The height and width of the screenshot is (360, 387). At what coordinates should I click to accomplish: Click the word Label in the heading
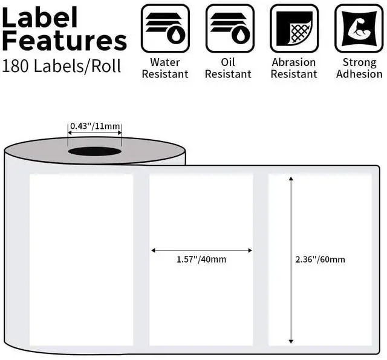click(40, 18)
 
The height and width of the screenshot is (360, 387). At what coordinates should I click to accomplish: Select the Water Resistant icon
click(165, 28)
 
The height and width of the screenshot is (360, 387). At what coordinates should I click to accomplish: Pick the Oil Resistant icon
click(230, 28)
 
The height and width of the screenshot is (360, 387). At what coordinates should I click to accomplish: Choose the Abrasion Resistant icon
click(294, 28)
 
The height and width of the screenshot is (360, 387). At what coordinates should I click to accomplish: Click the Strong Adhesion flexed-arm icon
click(359, 28)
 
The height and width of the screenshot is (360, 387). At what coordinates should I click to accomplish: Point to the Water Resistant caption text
click(165, 68)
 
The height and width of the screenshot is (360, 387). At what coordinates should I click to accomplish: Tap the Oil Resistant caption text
click(230, 68)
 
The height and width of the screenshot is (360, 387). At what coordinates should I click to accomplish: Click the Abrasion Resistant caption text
click(294, 68)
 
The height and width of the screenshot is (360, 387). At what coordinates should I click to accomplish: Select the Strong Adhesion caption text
click(359, 68)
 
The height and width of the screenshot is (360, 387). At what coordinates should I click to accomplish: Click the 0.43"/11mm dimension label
click(95, 126)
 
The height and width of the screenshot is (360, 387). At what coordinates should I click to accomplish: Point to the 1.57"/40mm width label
click(201, 260)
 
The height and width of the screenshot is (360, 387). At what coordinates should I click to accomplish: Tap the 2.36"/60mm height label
click(320, 260)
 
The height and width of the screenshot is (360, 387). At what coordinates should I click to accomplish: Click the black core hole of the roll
click(94, 151)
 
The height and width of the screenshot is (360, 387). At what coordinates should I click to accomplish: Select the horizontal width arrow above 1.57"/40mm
click(201, 249)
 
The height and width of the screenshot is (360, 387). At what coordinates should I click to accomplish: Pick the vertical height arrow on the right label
click(291, 260)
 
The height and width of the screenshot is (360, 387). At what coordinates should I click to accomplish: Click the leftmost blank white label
click(81, 260)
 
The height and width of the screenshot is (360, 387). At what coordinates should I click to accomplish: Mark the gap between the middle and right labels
click(261, 260)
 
